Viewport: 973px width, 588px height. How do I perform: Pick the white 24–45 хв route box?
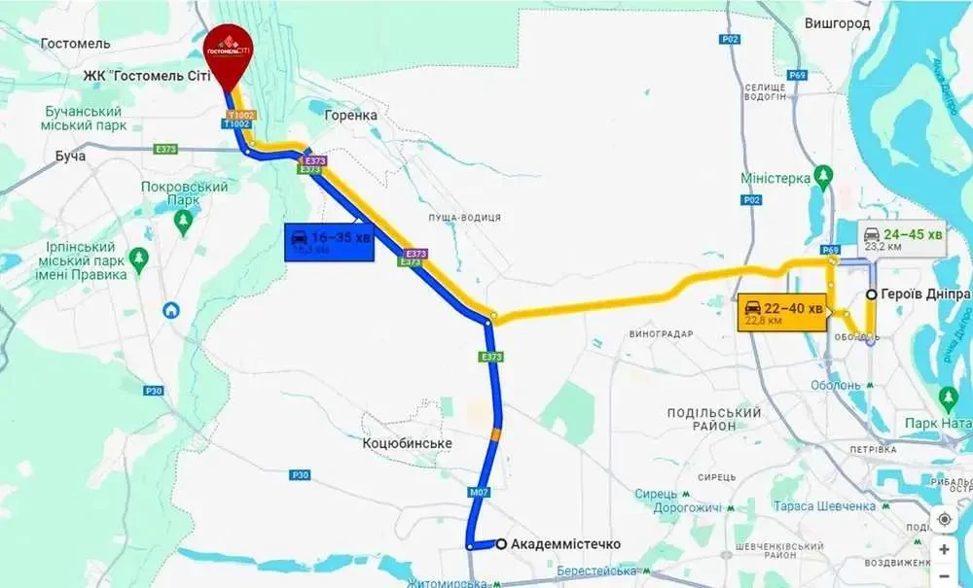click(x=902, y=240)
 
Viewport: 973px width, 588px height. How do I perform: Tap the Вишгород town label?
click(x=837, y=23)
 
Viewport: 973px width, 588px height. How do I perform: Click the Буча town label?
click(x=70, y=156)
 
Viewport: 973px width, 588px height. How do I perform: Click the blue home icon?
click(x=171, y=310)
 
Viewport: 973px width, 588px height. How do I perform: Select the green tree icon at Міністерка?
click(x=823, y=177)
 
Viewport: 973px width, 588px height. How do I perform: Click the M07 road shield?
click(x=478, y=494)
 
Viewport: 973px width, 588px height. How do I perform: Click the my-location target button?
click(x=944, y=518)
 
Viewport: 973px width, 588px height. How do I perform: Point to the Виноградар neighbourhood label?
click(x=661, y=334)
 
